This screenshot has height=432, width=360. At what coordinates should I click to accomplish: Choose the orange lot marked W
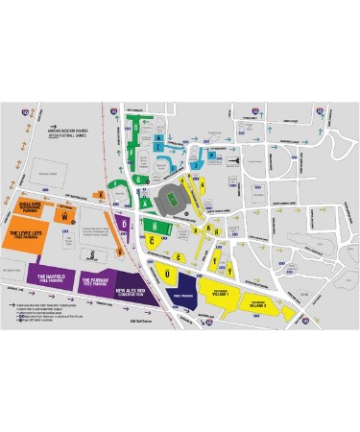[x=63, y=217]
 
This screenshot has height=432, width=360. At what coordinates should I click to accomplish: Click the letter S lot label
[x=91, y=253]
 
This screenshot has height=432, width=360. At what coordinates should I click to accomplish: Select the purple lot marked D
[x=124, y=223]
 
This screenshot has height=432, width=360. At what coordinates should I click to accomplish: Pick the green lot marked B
[x=155, y=225]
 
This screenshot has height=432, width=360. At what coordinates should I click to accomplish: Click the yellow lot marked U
[x=169, y=274]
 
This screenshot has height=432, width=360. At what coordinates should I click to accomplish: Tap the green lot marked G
[x=140, y=179]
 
